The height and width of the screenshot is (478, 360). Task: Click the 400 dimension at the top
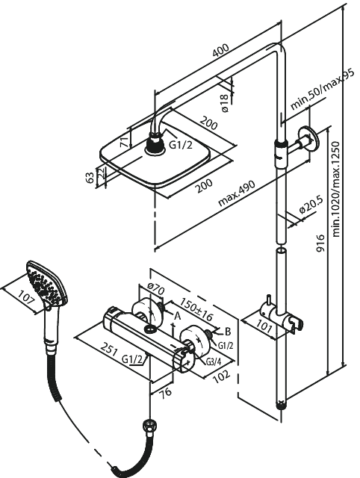coord(220,52)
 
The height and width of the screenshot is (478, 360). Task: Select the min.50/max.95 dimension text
coord(322,92)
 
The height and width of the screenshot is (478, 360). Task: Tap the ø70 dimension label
coord(155,288)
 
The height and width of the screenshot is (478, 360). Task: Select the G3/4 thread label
coord(212,361)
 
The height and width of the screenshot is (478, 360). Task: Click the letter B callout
coord(228,331)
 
